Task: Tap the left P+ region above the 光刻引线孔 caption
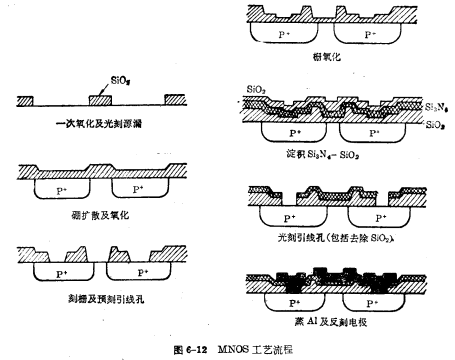291,215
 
